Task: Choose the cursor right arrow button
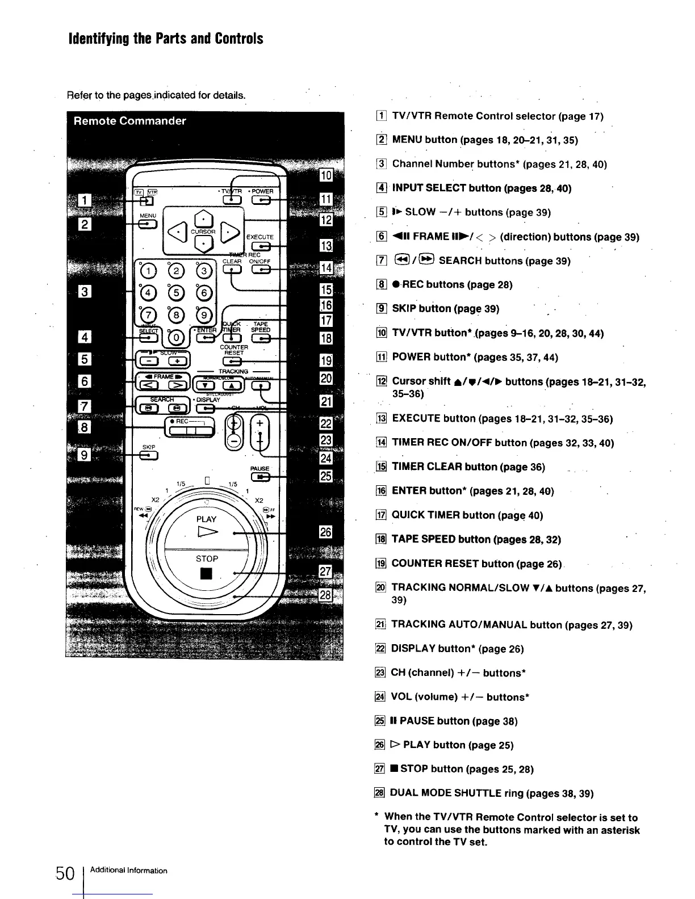pos(229,230)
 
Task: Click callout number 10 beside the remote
pos(326,175)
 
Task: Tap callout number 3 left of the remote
pos(85,292)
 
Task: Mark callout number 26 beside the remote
pos(326,532)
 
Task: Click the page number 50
pos(65,873)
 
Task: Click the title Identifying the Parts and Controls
pos(166,39)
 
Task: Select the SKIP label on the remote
pos(149,447)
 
